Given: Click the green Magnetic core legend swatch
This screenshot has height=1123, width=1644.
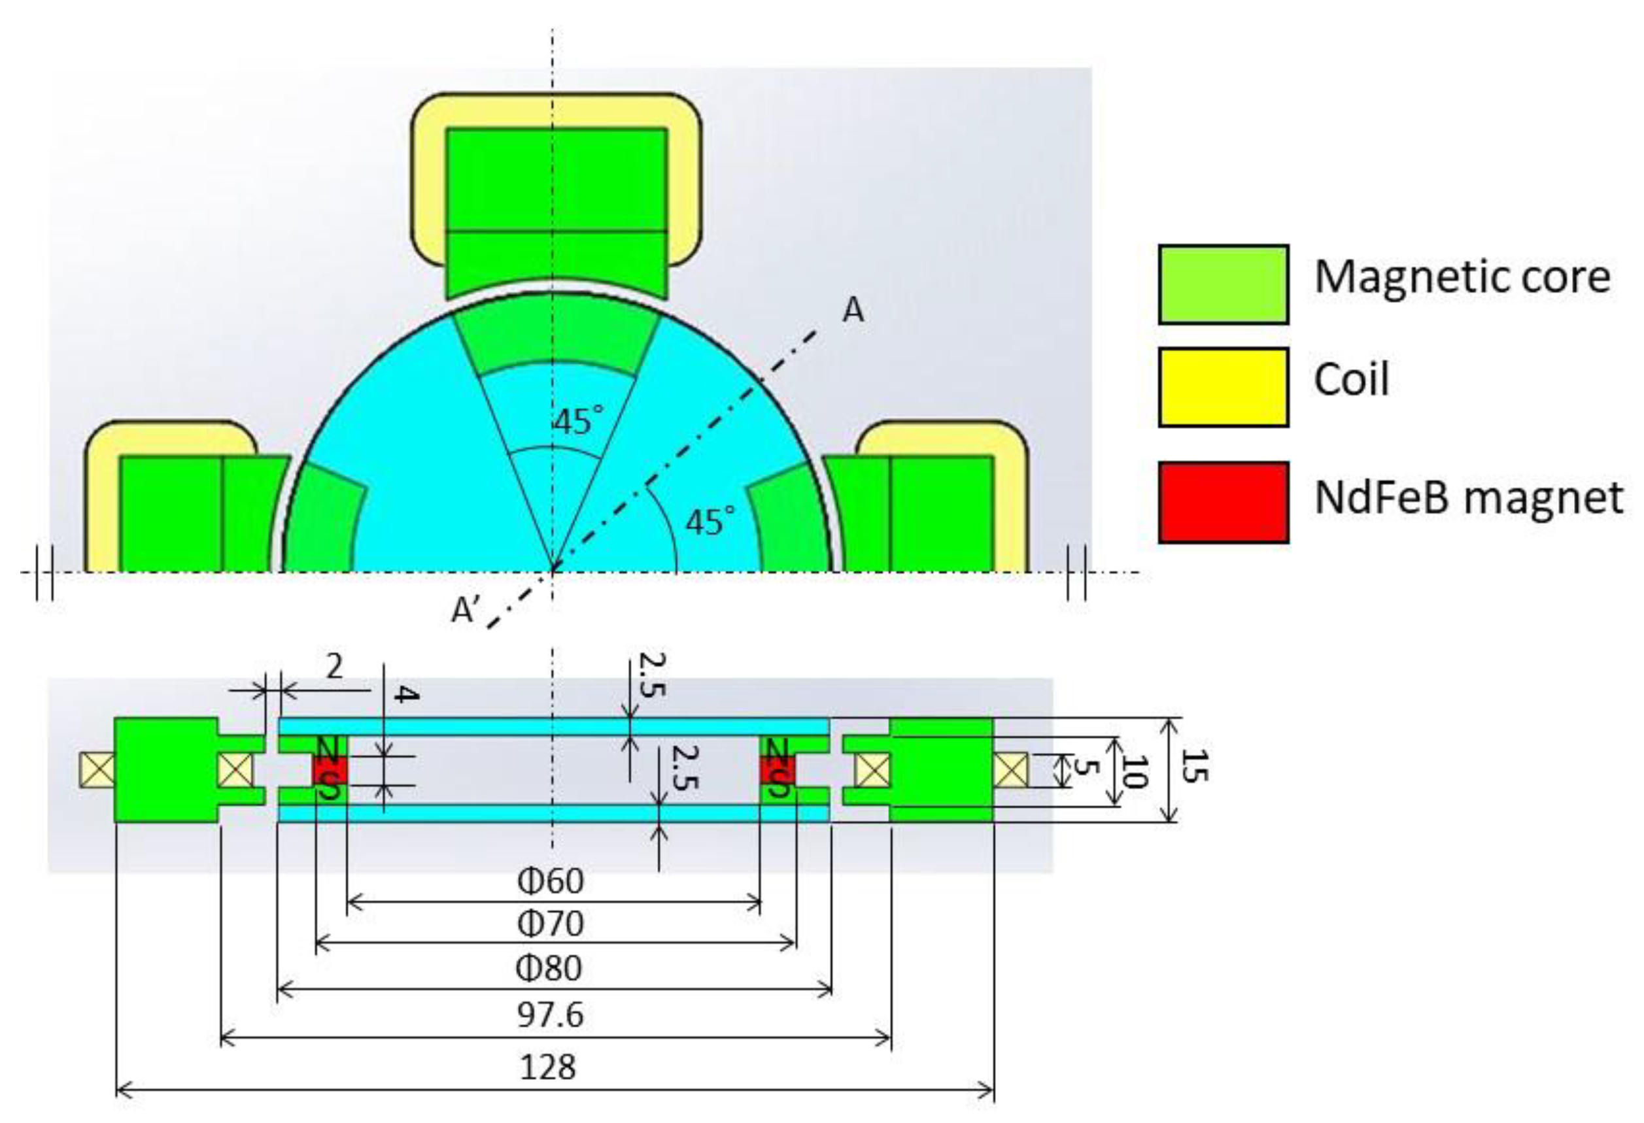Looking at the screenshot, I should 1222,284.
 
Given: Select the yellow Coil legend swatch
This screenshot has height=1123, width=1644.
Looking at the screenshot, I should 1222,387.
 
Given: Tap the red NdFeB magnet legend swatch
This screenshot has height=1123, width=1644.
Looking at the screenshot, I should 1222,503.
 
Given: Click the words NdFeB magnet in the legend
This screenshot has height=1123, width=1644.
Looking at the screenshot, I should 1469,498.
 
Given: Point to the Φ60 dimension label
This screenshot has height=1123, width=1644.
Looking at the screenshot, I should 551,881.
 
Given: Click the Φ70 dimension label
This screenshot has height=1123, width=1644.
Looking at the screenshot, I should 551,924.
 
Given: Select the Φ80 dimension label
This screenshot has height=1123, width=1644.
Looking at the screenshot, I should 550,968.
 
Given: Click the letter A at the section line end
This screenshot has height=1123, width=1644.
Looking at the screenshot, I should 853,310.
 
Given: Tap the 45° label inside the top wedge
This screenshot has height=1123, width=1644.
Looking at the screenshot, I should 579,421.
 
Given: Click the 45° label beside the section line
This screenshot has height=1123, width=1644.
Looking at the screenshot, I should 710,522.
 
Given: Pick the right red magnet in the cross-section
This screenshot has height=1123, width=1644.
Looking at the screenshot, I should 778,770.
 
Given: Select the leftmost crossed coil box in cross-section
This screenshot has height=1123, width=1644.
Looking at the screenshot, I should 97,769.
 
